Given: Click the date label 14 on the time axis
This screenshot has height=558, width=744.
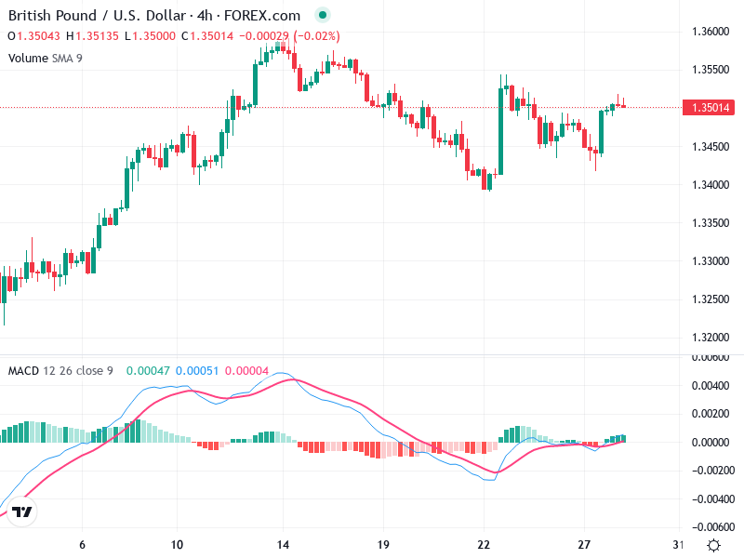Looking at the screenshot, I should pyautogui.click(x=285, y=544).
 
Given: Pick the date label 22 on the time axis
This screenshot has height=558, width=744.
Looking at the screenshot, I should pyautogui.click(x=484, y=544).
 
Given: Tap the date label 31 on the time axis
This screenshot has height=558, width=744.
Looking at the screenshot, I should pyautogui.click(x=679, y=544).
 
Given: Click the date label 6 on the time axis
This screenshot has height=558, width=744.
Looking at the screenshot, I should pyautogui.click(x=83, y=544).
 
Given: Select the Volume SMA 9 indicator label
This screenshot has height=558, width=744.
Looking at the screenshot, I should pyautogui.click(x=46, y=58).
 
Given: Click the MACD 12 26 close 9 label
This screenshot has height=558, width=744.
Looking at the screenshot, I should pyautogui.click(x=60, y=371).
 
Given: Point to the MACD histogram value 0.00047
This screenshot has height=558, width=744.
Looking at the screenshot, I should pyautogui.click(x=147, y=371).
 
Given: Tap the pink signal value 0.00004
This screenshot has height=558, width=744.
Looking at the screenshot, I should pyautogui.click(x=246, y=371).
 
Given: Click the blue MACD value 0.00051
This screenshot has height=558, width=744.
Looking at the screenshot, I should pyautogui.click(x=196, y=371).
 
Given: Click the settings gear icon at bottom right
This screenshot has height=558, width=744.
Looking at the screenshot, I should pyautogui.click(x=713, y=545).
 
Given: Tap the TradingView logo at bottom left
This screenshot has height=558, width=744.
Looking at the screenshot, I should pyautogui.click(x=22, y=512).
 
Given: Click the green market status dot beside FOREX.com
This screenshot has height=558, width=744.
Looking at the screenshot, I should pyautogui.click(x=322, y=16).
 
